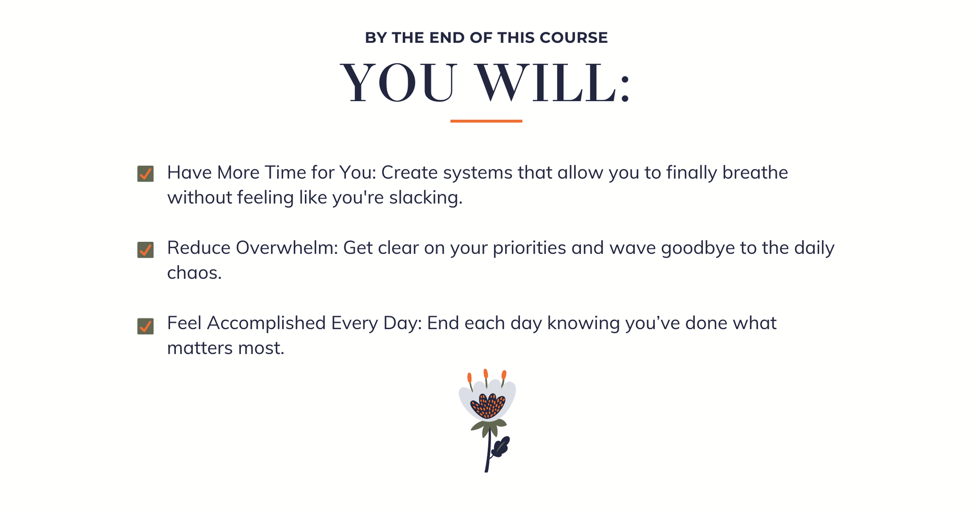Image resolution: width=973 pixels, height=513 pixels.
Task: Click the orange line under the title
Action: point(486,121)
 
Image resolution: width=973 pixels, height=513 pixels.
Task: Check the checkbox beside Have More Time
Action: point(145,174)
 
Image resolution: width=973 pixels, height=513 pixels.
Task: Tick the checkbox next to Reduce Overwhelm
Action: point(145,250)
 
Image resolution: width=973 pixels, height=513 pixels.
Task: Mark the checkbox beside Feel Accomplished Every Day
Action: point(145,326)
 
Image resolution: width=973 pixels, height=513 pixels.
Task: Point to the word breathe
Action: point(755,172)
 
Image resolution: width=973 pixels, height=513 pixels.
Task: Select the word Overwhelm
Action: point(287,248)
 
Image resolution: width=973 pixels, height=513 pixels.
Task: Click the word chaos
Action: point(194,273)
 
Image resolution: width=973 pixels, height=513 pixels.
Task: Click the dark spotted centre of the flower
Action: point(488,406)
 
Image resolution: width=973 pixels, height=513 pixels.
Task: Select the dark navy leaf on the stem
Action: point(500,447)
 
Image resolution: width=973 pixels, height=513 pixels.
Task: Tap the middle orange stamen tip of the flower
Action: point(486,373)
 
